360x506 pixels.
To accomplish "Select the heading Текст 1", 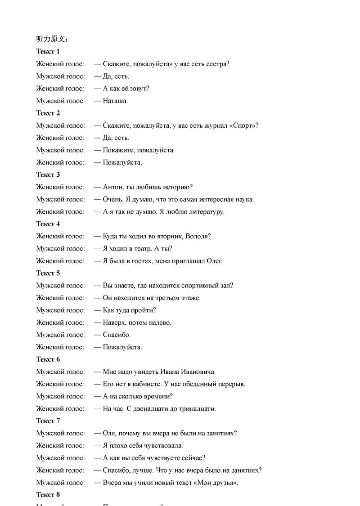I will click(48, 52).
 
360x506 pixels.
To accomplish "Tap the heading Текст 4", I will click(48, 224).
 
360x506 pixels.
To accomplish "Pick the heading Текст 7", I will click(48, 421).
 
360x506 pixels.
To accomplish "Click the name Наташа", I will click(115, 101).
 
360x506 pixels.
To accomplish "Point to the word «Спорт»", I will click(243, 125).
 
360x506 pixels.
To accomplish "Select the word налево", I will click(161, 322).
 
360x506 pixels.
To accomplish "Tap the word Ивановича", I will click(198, 372).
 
